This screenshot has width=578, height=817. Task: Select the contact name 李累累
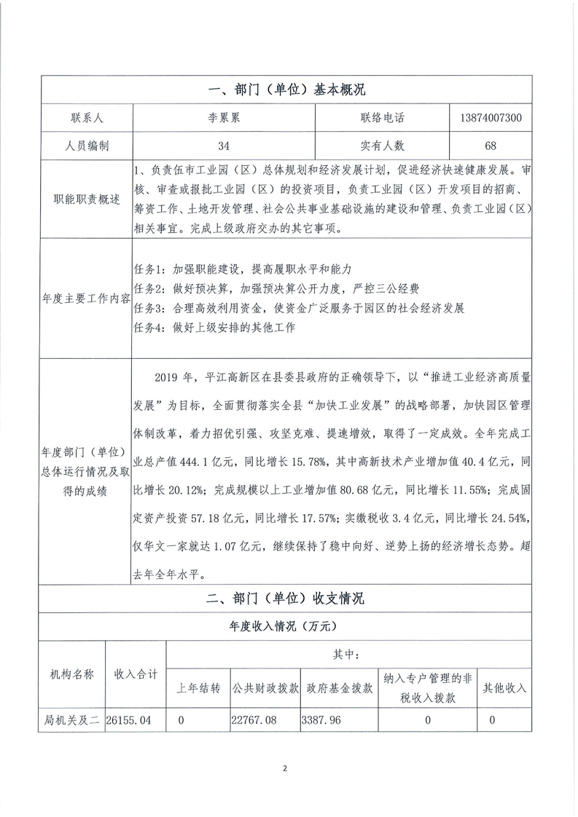pos(223,117)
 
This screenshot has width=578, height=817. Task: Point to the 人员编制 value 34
pos(223,146)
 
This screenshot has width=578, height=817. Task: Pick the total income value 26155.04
pos(129,720)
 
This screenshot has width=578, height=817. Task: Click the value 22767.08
pos(255,720)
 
